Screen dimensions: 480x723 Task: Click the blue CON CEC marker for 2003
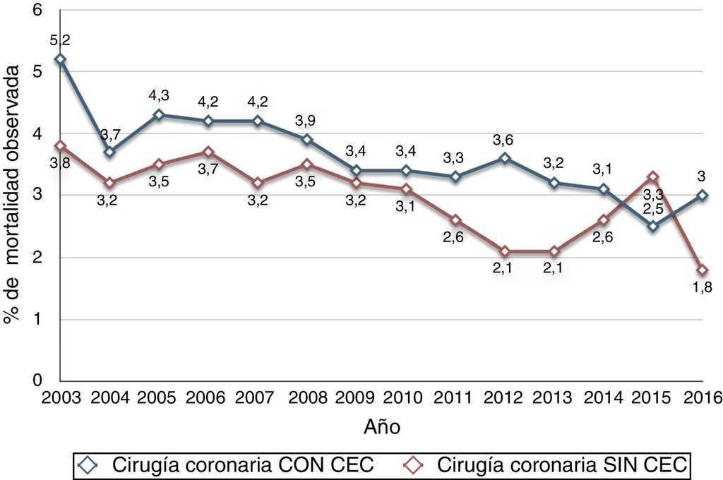(60, 59)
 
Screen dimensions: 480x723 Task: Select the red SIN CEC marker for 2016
(703, 270)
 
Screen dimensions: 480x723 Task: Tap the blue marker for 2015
(653, 226)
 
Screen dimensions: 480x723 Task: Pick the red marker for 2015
(653, 176)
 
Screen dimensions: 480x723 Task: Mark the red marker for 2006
(208, 152)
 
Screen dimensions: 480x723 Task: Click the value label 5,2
(60, 42)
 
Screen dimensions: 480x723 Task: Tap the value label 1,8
(703, 288)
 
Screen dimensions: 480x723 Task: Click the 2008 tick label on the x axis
(307, 397)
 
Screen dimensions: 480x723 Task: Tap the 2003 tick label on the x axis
(60, 397)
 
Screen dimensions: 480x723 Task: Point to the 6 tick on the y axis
(37, 10)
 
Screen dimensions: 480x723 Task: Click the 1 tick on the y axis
(37, 319)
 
